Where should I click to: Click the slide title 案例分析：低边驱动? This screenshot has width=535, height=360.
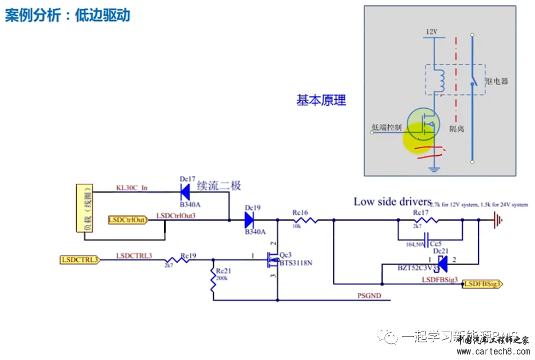(x=68, y=14)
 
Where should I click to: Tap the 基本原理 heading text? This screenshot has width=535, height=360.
(x=321, y=100)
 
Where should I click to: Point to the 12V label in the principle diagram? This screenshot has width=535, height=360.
(x=432, y=32)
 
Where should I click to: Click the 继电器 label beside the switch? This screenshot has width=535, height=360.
(x=496, y=81)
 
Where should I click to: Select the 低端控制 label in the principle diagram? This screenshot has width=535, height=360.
(x=386, y=127)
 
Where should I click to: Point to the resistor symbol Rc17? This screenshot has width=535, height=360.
(x=427, y=220)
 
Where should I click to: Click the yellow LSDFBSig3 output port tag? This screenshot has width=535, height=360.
(x=482, y=283)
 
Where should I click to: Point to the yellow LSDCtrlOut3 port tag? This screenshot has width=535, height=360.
(x=128, y=220)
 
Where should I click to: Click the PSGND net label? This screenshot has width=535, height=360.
(x=370, y=296)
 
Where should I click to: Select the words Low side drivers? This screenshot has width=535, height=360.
(x=392, y=202)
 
